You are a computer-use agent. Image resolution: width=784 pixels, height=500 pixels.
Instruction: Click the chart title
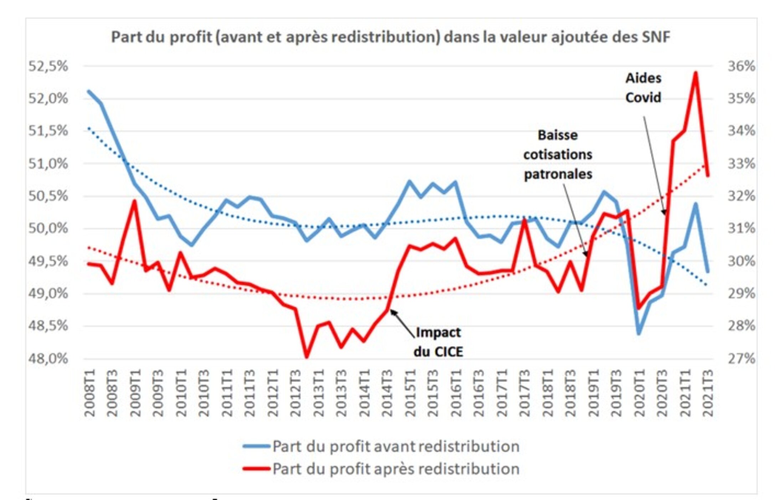[x=391, y=37]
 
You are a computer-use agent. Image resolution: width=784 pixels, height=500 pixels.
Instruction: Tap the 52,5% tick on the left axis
[x=48, y=66]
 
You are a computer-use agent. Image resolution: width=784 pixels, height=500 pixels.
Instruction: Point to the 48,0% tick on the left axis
[x=48, y=358]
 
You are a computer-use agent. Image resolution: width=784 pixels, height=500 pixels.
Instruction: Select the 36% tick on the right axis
[x=741, y=66]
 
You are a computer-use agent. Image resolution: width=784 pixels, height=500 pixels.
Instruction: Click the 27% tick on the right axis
[x=741, y=358]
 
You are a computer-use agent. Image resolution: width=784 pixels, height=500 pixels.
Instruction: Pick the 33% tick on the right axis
[x=741, y=164]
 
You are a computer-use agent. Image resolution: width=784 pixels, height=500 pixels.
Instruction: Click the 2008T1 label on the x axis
[x=90, y=393]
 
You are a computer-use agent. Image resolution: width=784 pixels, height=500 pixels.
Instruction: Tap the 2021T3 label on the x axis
[x=708, y=393]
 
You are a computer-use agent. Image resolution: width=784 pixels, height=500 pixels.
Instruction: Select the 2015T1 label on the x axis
[x=410, y=393]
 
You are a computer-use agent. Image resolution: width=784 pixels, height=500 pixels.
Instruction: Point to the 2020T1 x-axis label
[x=639, y=393]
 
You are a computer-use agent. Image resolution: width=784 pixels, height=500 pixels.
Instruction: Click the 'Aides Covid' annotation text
[x=643, y=88]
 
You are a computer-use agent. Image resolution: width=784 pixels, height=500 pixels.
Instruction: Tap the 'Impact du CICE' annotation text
[x=438, y=342]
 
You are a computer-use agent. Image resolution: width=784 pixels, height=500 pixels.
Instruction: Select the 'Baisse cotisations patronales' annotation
[x=558, y=155]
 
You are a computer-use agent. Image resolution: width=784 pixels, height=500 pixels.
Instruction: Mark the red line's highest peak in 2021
[x=696, y=73]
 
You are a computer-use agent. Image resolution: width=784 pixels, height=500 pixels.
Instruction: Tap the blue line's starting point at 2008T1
[x=89, y=91]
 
